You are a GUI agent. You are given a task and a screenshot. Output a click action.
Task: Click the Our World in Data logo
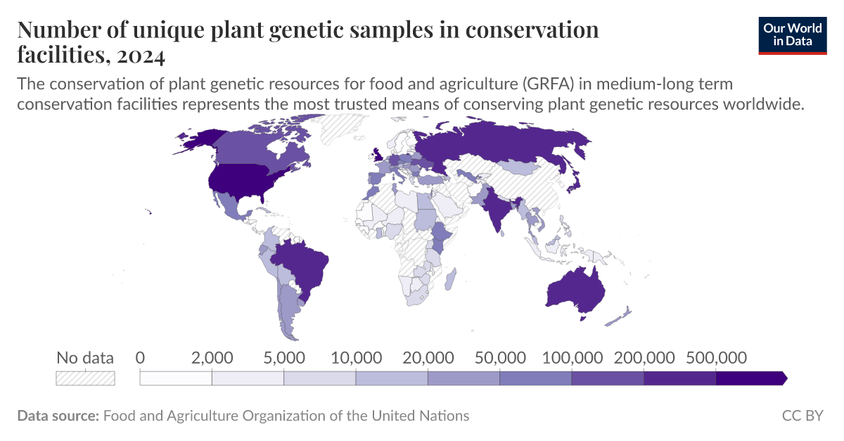tap(793, 34)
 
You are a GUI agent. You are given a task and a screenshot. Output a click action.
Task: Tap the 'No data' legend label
tap(85, 357)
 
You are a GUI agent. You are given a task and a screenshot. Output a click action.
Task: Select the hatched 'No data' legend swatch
tap(85, 378)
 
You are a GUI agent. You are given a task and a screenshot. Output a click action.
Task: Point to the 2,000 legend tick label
tap(212, 357)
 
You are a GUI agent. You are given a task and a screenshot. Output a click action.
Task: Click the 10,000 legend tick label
tap(356, 357)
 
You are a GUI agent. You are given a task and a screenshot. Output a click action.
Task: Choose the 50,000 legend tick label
tap(499, 357)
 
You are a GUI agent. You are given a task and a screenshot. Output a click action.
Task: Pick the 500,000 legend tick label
tap(715, 357)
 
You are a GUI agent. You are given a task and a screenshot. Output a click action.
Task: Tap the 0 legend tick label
tap(141, 357)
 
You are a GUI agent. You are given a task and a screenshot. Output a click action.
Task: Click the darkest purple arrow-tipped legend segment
tap(750, 378)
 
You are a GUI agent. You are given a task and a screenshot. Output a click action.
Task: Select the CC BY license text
tap(803, 416)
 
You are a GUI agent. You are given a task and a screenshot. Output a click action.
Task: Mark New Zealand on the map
tap(620, 316)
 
